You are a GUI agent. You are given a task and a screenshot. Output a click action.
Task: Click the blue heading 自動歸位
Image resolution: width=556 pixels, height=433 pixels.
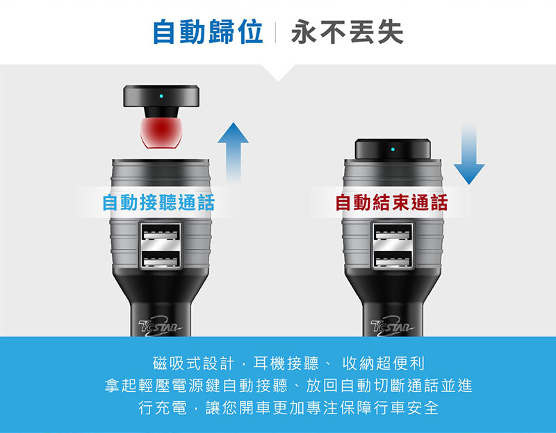point(208,32)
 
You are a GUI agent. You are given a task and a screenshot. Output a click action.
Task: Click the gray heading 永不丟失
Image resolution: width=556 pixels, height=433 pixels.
point(347,32)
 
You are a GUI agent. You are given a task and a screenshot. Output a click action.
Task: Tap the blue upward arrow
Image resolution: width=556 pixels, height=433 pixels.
point(233,152)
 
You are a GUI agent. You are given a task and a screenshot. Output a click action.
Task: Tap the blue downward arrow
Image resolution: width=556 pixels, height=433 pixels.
point(468,154)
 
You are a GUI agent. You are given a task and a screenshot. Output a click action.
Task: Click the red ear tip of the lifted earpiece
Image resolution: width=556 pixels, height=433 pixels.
point(161,133)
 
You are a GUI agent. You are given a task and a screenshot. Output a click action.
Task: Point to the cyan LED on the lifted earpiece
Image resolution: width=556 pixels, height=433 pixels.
point(161,96)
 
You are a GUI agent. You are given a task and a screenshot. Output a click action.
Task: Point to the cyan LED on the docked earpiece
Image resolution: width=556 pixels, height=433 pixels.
point(393,149)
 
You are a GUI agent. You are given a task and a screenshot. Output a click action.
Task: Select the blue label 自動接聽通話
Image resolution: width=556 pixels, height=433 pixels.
point(158,202)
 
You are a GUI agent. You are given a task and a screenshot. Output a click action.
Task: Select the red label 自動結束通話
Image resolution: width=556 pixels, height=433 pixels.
point(391,202)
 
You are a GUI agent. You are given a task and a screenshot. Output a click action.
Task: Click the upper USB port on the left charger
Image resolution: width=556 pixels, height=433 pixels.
point(161,233)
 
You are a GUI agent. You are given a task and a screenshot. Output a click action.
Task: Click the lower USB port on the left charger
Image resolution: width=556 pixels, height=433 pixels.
point(161,259)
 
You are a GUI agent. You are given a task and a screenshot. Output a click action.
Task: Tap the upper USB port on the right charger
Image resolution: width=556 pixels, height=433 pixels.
point(393,233)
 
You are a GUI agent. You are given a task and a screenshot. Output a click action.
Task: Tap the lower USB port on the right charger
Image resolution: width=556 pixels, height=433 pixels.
point(393,259)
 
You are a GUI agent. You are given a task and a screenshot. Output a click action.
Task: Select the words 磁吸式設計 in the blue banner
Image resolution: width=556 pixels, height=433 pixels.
point(194,363)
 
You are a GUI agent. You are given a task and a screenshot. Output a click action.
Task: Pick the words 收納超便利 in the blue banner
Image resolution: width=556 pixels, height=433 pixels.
point(384,363)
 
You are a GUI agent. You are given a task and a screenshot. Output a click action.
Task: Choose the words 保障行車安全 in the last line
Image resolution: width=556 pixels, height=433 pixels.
point(389,408)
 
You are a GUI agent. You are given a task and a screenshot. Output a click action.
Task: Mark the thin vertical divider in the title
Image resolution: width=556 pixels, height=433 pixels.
point(275,32)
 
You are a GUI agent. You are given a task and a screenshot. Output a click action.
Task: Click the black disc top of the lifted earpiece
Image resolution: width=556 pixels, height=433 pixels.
point(161,96)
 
